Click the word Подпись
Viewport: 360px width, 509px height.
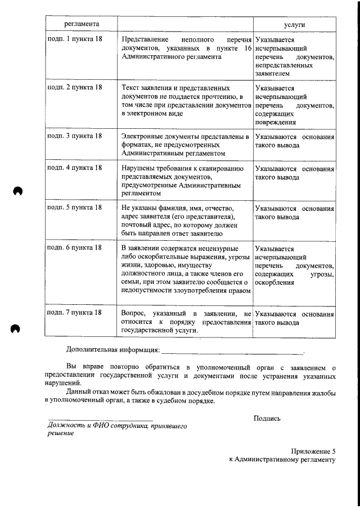pos(267,418)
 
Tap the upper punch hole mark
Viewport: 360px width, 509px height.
pos(17,191)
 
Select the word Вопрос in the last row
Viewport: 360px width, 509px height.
pos(133,313)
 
